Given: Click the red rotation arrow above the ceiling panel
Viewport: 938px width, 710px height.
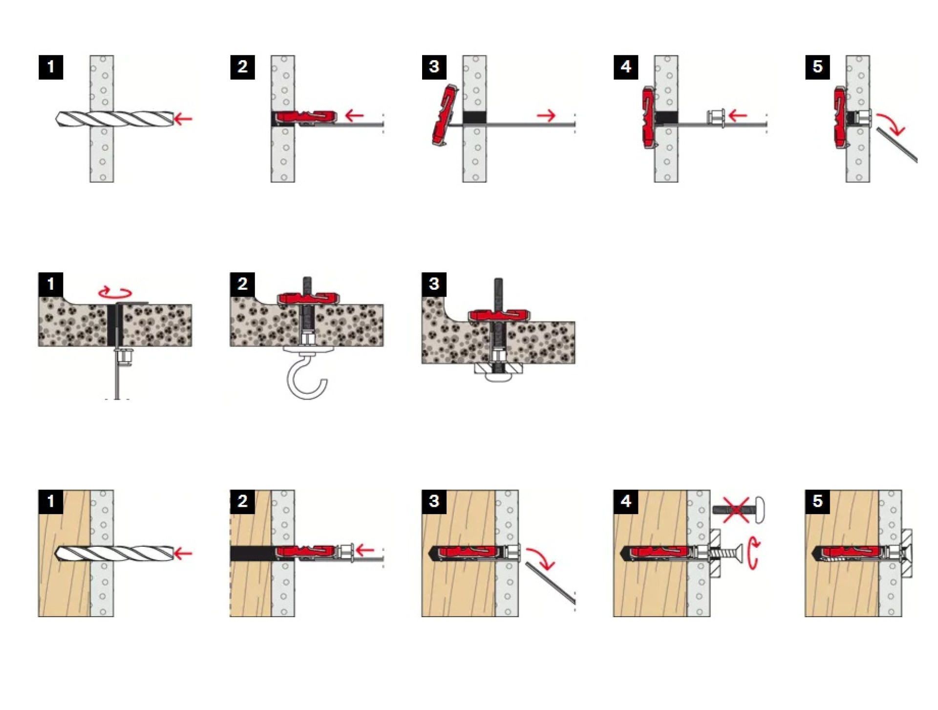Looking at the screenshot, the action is (x=115, y=293).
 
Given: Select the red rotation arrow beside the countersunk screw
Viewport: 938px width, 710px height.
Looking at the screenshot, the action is (x=754, y=553).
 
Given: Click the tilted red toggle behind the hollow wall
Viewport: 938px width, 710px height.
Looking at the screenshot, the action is (x=445, y=115).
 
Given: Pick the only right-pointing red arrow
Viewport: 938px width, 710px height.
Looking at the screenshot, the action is (x=547, y=116).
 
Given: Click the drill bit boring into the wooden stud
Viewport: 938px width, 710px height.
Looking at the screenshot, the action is (x=115, y=553).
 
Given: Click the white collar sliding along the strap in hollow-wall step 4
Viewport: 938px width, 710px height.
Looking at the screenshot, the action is (x=716, y=118).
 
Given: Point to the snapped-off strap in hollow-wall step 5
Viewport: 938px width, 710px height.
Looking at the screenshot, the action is (x=896, y=145).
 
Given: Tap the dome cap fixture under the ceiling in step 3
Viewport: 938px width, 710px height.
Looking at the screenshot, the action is (x=498, y=372).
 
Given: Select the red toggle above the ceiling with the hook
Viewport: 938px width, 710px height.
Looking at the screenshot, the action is (x=308, y=298).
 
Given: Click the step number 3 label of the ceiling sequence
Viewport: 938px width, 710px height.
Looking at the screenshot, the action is (x=434, y=284).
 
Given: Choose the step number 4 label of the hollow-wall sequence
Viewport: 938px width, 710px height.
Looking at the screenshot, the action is (x=626, y=67).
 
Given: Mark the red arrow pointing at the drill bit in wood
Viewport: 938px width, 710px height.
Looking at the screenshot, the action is (x=184, y=553).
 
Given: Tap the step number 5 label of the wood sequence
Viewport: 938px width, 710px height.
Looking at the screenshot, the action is (x=817, y=501).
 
